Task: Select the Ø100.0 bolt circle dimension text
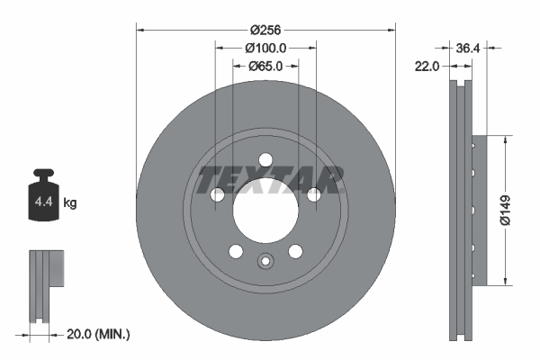click(x=265, y=48)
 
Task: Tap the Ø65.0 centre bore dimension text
click(x=265, y=66)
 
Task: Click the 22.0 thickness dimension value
click(x=426, y=66)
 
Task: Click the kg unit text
click(x=70, y=203)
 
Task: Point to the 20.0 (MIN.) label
click(x=100, y=334)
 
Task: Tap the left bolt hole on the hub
click(x=217, y=195)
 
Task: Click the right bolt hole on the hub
click(x=314, y=195)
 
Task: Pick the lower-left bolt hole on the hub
click(x=236, y=251)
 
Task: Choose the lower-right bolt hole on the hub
click(x=295, y=251)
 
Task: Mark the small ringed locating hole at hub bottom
click(x=265, y=263)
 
